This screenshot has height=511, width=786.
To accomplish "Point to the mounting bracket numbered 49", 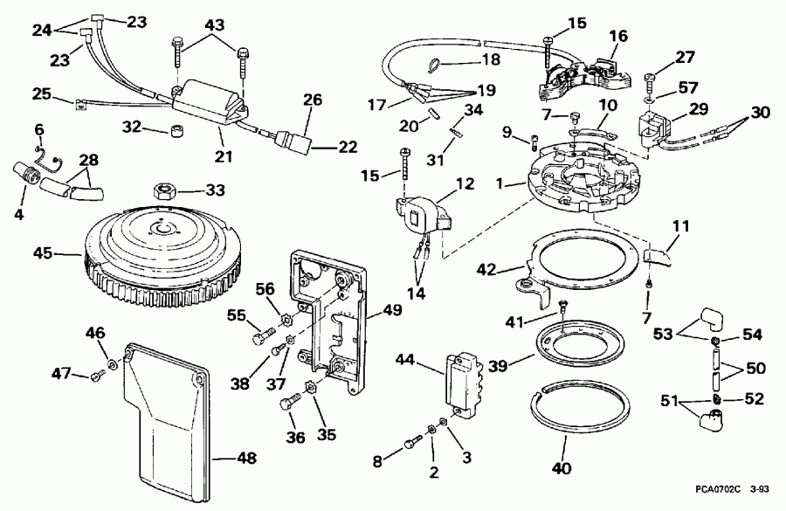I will coord(332,323).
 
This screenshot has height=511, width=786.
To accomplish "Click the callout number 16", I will coord(619,36).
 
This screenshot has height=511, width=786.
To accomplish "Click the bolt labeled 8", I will coord(411,448).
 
